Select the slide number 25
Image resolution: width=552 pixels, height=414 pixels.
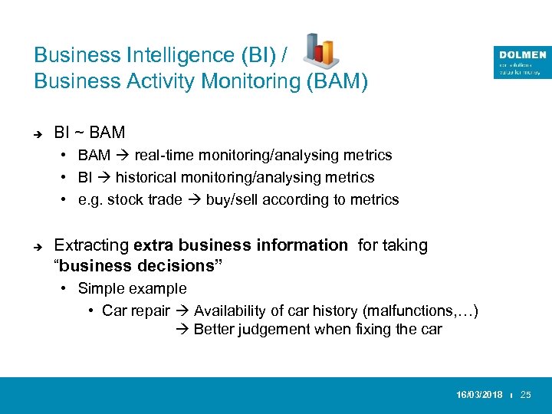coord(525,394)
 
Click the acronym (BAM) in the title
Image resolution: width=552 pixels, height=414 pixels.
coord(337,81)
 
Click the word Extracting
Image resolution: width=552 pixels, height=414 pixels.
coord(91,245)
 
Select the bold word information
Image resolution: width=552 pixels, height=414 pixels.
coord(304,245)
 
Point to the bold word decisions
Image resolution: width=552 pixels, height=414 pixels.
coord(179,265)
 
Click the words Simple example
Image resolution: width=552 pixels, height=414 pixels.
coord(132,288)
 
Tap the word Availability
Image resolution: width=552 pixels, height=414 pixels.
coord(231,310)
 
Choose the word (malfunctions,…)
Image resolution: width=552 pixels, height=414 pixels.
coord(421,310)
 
